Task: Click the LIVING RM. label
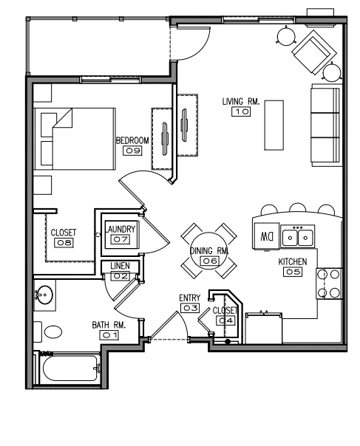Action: click(x=241, y=102)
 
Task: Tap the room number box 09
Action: click(x=132, y=151)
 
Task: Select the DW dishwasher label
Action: click(x=267, y=236)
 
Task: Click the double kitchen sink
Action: click(x=298, y=236)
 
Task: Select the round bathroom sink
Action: click(x=44, y=295)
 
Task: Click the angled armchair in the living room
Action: click(x=313, y=52)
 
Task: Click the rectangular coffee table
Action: click(x=274, y=125)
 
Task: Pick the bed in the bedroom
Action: click(x=75, y=139)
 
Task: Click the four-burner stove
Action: click(x=329, y=284)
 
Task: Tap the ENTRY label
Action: click(x=189, y=298)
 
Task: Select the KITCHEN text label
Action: click(x=293, y=261)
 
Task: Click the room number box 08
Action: click(x=64, y=242)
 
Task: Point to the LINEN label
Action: click(x=120, y=266)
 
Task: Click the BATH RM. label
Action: click(x=109, y=325)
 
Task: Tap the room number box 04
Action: click(x=225, y=320)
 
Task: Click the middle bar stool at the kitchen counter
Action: click(x=298, y=207)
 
